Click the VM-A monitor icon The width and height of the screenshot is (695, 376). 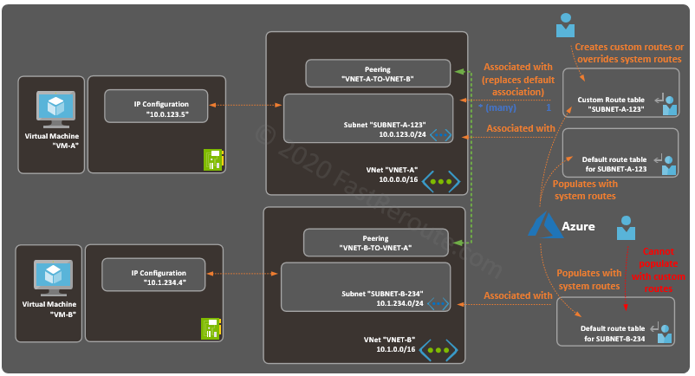(55, 107)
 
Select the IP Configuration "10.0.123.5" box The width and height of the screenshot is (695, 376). (159, 109)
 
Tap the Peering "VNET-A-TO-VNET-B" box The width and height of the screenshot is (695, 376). (377, 73)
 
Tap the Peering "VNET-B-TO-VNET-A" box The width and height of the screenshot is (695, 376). (375, 243)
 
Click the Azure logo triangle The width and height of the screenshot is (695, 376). (547, 225)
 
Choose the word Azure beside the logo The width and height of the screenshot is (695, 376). (580, 227)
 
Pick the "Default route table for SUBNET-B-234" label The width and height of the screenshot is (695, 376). (613, 334)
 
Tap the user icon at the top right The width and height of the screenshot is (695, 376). (565, 25)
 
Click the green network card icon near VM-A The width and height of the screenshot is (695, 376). (213, 159)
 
